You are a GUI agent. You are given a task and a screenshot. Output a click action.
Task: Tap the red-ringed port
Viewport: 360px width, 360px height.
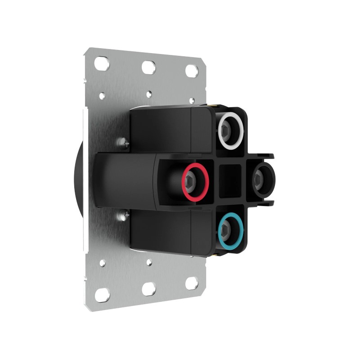pos(195,181)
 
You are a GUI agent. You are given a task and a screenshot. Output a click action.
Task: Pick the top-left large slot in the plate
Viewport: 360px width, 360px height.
pos(102,63)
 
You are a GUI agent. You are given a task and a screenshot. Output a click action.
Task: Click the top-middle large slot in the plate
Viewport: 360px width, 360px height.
pos(149,67)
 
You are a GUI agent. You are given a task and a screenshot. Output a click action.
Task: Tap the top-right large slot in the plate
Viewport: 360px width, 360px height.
pos(192,71)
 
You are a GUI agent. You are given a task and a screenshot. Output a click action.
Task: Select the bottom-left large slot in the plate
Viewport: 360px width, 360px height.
pos(102,294)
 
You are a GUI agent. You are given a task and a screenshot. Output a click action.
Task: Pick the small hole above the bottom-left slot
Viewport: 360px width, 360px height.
pos(103,262)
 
